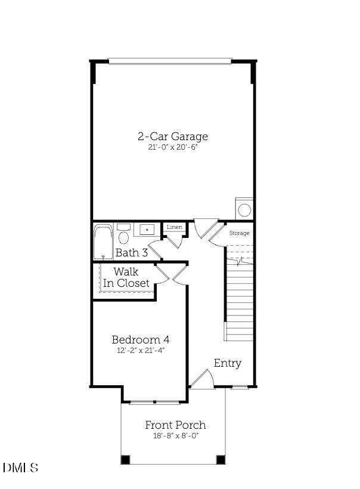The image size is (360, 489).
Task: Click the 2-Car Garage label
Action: [173, 136]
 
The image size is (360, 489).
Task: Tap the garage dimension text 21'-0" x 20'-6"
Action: [173, 147]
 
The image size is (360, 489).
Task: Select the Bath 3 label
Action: [131, 253]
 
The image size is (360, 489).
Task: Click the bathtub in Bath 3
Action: [103, 242]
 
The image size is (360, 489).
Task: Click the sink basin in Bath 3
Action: [146, 229]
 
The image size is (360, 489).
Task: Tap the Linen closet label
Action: [174, 227]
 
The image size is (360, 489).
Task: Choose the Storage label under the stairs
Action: [240, 233]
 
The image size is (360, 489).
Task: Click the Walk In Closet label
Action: [126, 278]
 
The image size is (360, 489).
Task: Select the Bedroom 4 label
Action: [141, 339]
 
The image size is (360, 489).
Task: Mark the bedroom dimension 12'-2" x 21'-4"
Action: [141, 351]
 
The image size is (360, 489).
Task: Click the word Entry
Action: [228, 363]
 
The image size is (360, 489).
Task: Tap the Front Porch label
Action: [176, 425]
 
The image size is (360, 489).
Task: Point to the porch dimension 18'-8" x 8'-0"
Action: [176, 436]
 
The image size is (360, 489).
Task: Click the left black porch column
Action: [125, 460]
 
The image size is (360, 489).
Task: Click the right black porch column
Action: [221, 460]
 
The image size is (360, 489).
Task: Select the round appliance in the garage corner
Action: [244, 210]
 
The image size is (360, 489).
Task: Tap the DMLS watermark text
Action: [20, 468]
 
